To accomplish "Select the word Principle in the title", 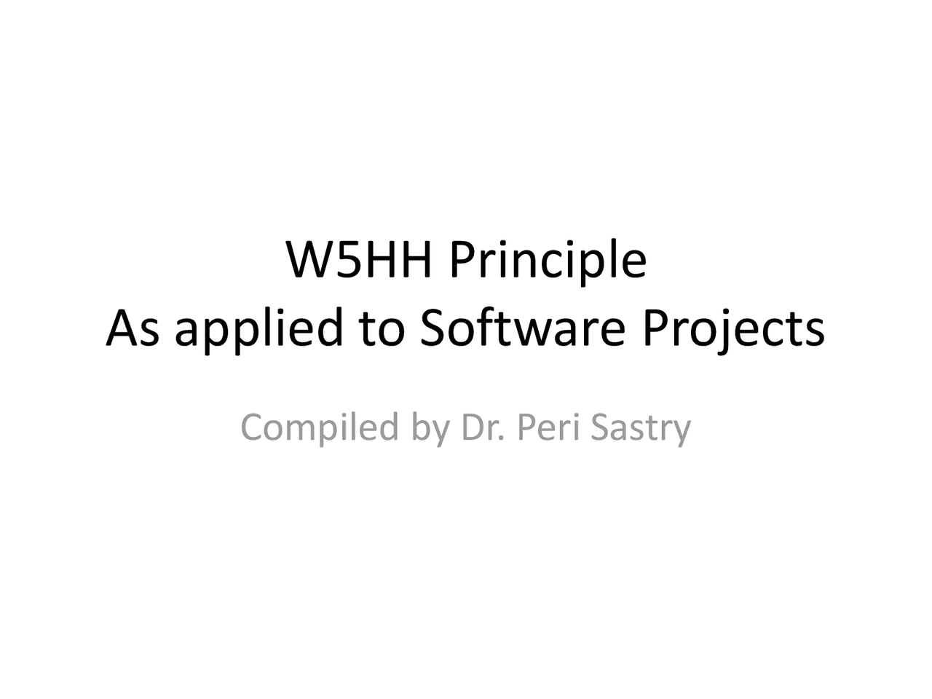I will pyautogui.click(x=548, y=261).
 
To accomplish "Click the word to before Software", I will pyautogui.click(x=382, y=328).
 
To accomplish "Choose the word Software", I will pyautogui.click(x=522, y=327).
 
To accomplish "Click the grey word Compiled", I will pyautogui.click(x=320, y=428).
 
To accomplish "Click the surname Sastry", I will pyautogui.click(x=640, y=428).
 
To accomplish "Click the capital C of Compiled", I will pyautogui.click(x=252, y=427).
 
